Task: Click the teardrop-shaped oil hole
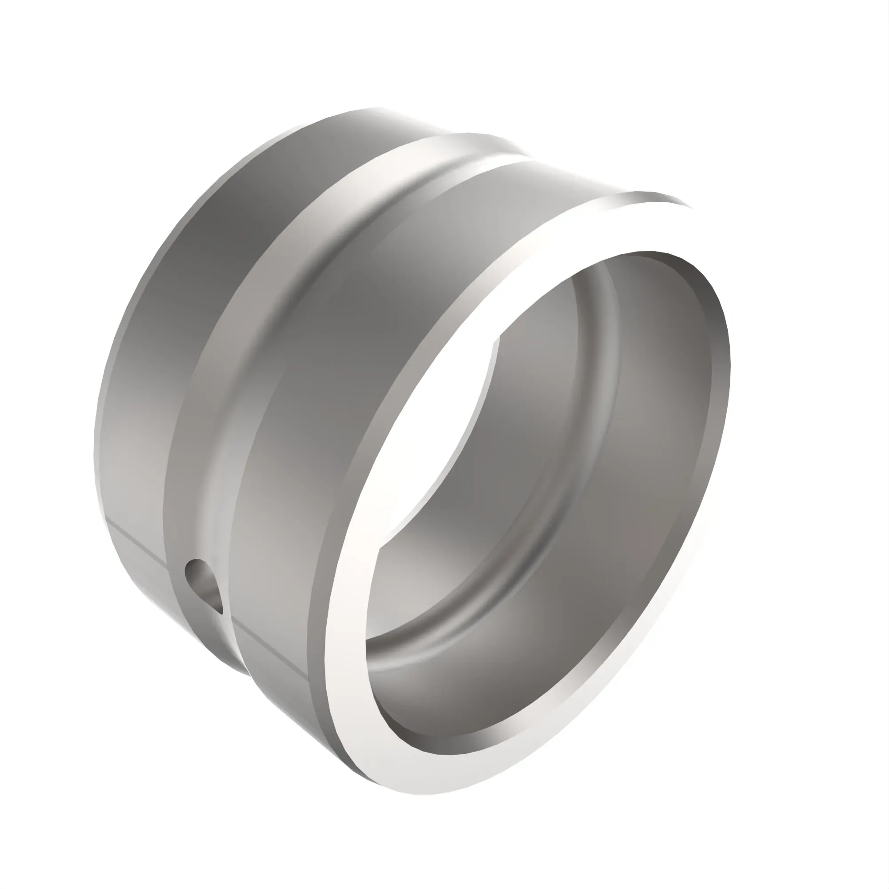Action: coord(201,584)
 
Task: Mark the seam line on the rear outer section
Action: coord(138,543)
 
